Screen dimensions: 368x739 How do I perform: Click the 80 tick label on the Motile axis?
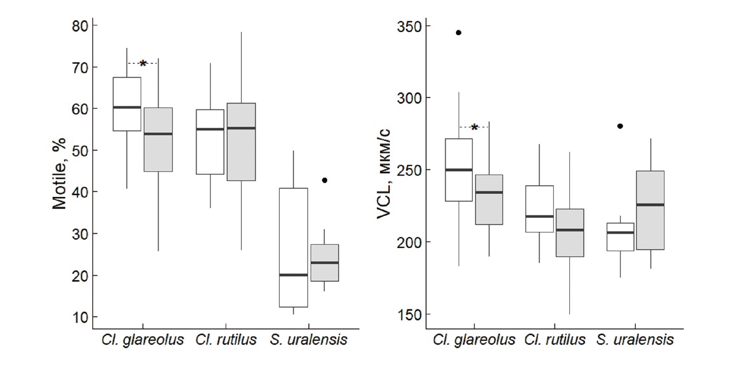click(80, 26)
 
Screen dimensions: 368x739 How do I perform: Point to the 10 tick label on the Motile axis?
click(80, 317)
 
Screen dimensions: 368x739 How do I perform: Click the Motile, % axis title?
click(60, 173)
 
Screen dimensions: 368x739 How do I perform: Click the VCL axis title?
click(384, 173)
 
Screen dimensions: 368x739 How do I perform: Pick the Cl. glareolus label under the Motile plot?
click(143, 340)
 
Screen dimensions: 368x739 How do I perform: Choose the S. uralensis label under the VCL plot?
click(635, 340)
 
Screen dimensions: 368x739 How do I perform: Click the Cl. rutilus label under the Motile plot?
click(226, 340)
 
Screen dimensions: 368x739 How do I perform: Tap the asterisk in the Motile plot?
click(143, 64)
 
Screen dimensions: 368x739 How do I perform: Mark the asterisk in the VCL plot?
click(474, 128)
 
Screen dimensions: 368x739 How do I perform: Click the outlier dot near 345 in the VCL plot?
click(458, 33)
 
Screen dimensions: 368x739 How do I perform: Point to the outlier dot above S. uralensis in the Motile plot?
click(325, 180)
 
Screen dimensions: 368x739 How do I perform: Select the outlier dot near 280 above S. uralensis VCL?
click(620, 126)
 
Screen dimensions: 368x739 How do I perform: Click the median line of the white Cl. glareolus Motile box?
click(127, 107)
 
